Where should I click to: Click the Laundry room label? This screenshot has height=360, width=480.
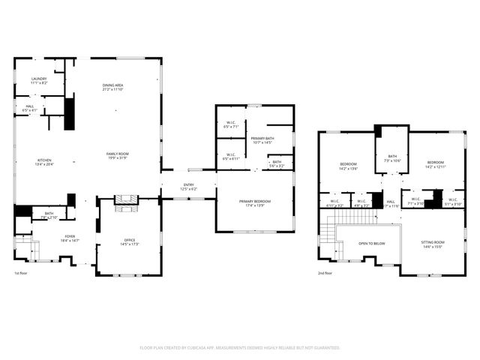39,79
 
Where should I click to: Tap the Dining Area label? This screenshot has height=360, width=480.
112,85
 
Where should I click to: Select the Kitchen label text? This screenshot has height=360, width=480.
44,160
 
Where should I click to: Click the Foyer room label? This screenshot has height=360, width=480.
70,236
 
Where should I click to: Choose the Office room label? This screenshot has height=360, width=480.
130,241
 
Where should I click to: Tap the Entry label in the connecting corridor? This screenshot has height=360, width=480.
189,184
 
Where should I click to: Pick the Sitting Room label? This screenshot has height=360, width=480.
433,242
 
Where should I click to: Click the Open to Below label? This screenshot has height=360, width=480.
372,244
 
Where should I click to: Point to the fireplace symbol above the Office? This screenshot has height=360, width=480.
127,199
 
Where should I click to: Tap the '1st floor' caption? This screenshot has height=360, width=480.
22,273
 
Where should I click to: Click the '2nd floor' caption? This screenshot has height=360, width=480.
325,273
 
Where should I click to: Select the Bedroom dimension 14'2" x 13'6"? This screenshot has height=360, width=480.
348,169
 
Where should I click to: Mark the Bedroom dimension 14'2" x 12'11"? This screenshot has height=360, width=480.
436,167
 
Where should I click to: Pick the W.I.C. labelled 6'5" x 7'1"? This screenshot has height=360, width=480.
230,127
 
